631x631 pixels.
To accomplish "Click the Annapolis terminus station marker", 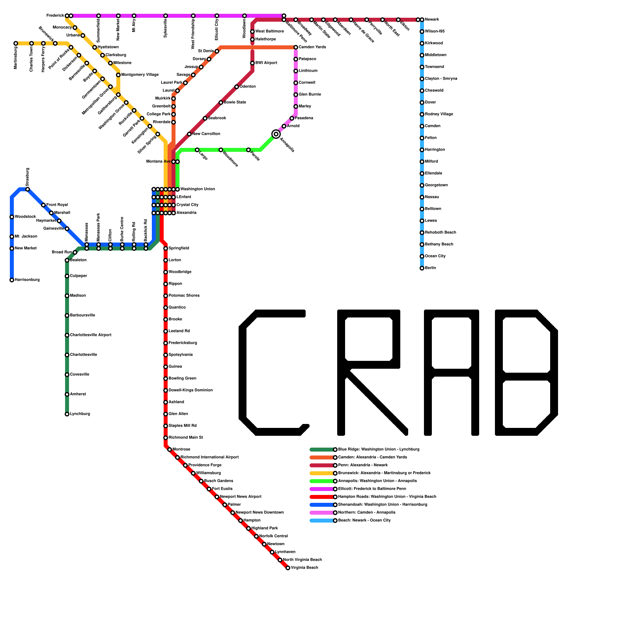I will [276, 134].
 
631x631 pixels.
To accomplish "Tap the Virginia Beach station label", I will [304, 568].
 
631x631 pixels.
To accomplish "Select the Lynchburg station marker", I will [67, 414].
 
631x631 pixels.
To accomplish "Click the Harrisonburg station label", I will [27, 280].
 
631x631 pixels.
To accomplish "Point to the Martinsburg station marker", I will [16, 43].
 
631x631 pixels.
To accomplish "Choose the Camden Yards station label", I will [312, 47].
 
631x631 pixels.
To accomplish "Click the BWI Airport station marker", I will [252, 63].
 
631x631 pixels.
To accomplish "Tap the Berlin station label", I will [430, 268].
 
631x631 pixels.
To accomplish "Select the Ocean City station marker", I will [422, 256].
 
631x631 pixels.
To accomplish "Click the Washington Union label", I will [197, 189].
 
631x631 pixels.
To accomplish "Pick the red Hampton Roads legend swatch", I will [322, 497].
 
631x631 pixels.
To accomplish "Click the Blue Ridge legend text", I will [379, 450].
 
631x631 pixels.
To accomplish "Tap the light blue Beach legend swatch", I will [322, 521].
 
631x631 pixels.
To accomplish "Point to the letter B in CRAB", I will [526, 373].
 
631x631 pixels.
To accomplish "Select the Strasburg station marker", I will [28, 189].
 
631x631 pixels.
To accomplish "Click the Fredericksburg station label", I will [183, 343].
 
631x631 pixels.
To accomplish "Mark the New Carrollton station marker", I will [189, 134].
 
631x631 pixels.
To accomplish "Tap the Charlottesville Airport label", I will [91, 335].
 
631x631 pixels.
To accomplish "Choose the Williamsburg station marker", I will [193, 473].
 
